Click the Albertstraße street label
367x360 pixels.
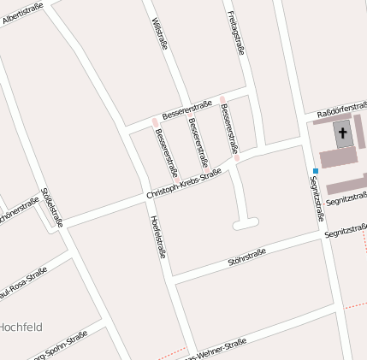pos(21,15)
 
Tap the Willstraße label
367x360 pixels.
pos(159,33)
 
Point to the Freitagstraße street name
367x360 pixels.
pos(237,32)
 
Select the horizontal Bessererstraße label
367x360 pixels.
pos(186,109)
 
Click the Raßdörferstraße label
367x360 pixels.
pos(341,113)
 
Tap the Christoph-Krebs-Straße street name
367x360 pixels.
pos(183,184)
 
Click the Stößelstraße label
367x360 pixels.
pos(51,208)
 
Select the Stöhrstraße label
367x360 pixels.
pos(247,256)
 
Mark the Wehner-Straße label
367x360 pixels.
pos(215,351)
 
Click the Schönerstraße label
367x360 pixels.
pos(19,210)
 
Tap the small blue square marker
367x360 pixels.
pos(316,171)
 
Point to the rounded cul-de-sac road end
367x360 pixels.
pos(246,223)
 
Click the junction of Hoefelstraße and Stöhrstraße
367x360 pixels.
pos(172,278)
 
